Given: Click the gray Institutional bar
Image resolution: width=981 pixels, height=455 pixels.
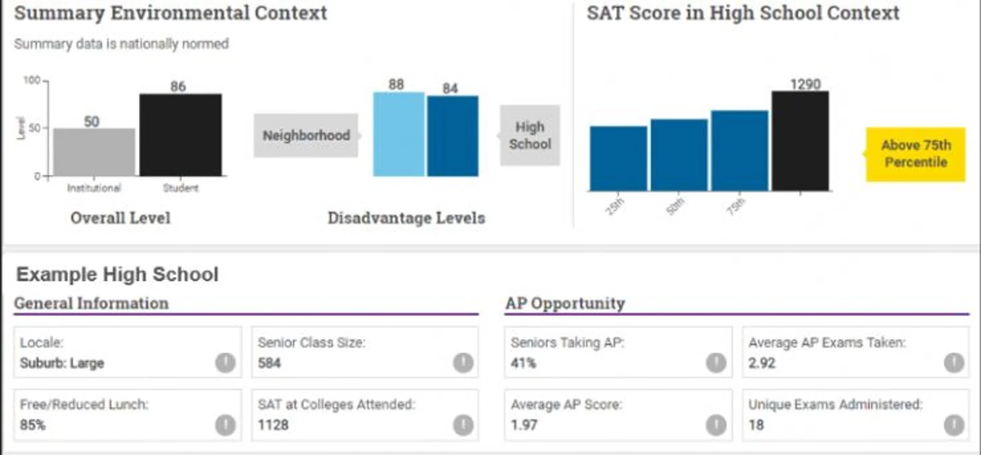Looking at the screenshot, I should click(x=94, y=152).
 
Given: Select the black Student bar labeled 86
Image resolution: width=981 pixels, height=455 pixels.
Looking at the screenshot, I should click(x=180, y=134).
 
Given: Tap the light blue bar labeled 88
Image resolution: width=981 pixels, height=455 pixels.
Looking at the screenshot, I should click(x=398, y=134).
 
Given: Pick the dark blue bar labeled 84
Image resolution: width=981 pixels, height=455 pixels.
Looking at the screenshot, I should click(x=452, y=136).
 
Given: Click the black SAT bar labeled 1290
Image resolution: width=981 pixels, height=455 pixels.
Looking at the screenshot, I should click(x=799, y=141).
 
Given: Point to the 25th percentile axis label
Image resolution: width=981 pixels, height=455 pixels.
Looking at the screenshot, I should click(x=614, y=206).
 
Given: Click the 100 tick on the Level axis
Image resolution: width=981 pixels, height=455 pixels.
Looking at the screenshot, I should click(x=32, y=80).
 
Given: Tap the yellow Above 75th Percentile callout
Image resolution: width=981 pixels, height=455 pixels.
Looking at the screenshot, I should click(x=915, y=154).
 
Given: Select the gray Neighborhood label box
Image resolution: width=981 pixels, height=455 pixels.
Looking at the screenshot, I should click(x=306, y=135).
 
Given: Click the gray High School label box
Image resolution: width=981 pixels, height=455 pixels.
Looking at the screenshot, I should click(x=529, y=135).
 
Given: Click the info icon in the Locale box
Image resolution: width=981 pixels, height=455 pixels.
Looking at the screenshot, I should click(x=225, y=363).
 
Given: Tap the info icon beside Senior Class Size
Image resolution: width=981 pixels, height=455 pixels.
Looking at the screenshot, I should click(x=463, y=363).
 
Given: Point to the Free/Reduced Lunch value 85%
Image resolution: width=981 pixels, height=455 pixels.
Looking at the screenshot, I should click(x=33, y=425).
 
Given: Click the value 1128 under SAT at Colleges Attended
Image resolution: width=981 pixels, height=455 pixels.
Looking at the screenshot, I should click(x=273, y=425).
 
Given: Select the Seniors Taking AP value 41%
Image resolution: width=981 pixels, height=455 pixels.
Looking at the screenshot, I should click(x=523, y=363).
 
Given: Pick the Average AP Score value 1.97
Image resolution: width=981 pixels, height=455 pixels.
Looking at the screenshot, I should click(x=524, y=425).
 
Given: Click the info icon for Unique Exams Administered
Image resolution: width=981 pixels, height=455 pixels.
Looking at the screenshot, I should click(x=953, y=425).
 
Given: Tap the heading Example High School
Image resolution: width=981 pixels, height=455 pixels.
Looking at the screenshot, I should click(x=117, y=274).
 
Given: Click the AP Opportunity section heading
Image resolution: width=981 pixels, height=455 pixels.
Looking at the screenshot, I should click(x=565, y=303).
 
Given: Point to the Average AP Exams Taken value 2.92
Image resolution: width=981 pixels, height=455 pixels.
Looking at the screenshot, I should click(x=761, y=363).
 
